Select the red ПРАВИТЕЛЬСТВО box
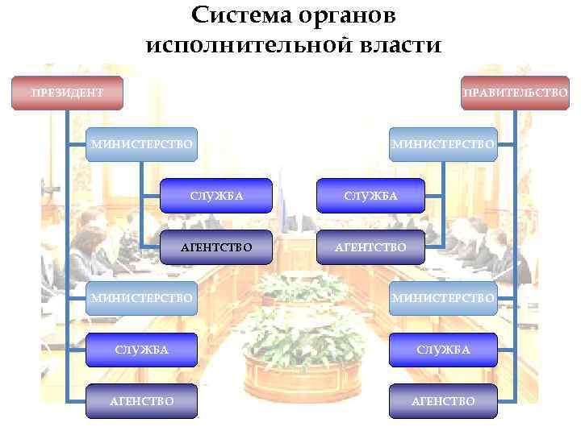(x=515, y=93)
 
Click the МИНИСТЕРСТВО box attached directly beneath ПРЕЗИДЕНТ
(x=141, y=144)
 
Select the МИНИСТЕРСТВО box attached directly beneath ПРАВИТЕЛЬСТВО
(x=443, y=144)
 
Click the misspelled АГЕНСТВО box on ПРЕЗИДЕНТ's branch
(x=141, y=400)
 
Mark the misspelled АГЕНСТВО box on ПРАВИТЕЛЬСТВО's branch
(x=443, y=400)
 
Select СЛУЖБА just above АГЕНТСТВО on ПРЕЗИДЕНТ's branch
(x=215, y=196)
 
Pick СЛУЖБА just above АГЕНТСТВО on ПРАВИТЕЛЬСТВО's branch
(x=370, y=196)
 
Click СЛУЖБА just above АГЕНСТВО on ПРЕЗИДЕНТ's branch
(x=141, y=349)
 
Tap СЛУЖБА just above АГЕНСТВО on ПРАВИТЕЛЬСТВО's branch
(x=443, y=349)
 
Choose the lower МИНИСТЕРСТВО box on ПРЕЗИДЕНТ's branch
(x=141, y=298)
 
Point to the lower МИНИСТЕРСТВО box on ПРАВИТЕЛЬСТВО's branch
(x=443, y=298)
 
